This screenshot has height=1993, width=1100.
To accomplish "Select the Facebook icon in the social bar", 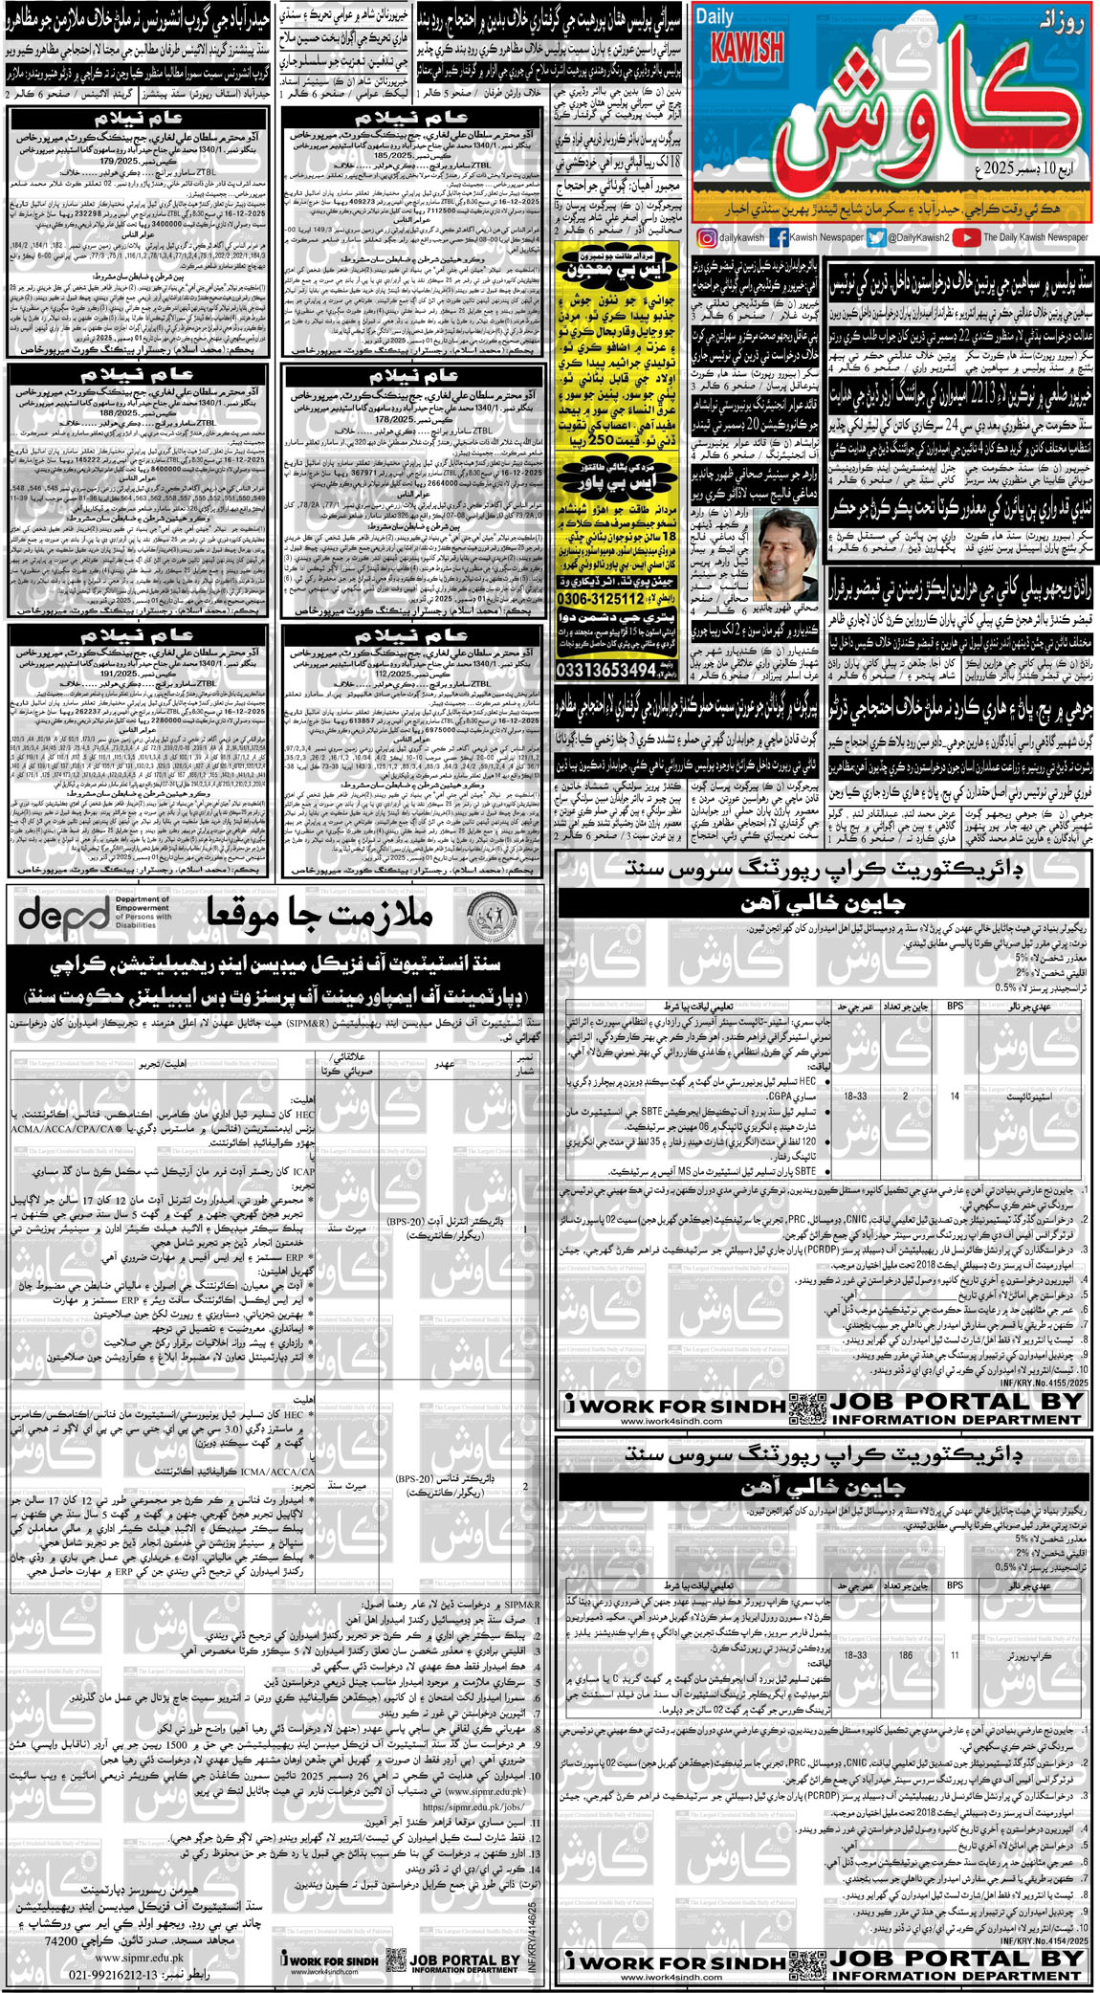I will click(779, 237).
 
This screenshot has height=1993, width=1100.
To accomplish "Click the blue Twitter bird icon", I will click(875, 237).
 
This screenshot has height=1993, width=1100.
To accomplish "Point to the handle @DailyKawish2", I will click(918, 237).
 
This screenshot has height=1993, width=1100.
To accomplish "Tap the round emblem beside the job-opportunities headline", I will click(495, 916).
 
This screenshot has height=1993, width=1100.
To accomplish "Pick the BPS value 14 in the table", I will click(955, 1096).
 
